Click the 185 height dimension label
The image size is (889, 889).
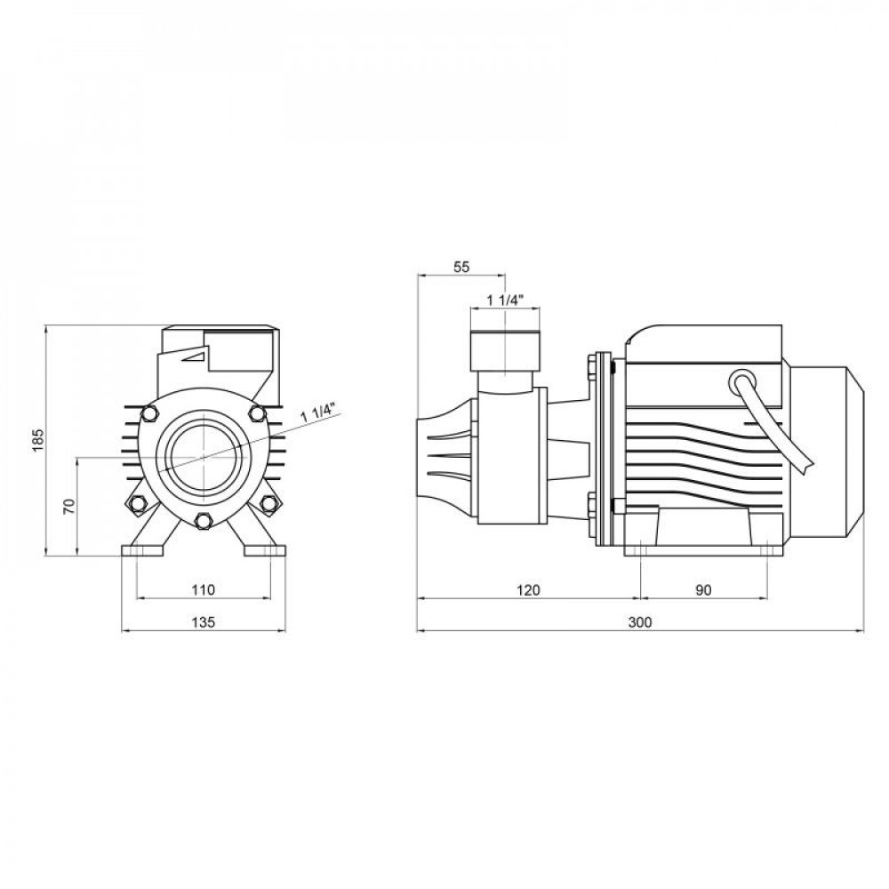pyautogui.click(x=36, y=439)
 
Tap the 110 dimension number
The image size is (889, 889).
pyautogui.click(x=203, y=589)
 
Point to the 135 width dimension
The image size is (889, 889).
pyautogui.click(x=203, y=622)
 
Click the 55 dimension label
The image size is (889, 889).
pyautogui.click(x=461, y=266)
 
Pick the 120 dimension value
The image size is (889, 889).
pyautogui.click(x=529, y=589)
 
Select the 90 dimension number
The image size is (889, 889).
pyautogui.click(x=704, y=589)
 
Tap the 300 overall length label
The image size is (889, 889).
pyautogui.click(x=639, y=622)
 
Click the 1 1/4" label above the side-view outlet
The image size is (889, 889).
pyautogui.click(x=506, y=300)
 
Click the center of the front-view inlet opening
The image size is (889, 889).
pyautogui.click(x=204, y=456)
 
